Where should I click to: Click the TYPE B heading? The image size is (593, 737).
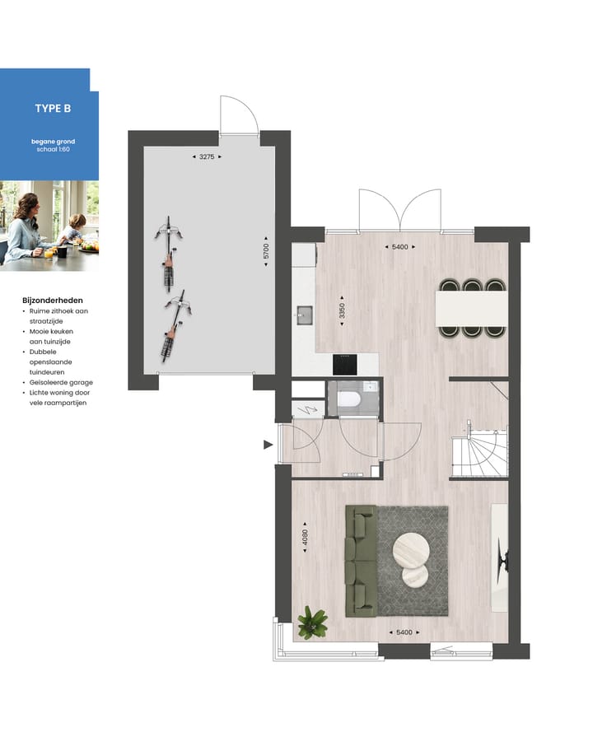(53, 109)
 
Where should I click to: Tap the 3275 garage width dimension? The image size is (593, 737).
(207, 156)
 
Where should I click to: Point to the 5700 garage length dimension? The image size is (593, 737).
(266, 253)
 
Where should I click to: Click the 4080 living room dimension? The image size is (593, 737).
(304, 539)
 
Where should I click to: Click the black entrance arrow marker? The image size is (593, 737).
(267, 445)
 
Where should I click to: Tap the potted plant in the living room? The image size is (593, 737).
(312, 622)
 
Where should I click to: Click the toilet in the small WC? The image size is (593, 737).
(352, 401)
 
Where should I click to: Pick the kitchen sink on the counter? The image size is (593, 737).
(303, 314)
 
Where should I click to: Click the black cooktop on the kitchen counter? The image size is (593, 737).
(344, 364)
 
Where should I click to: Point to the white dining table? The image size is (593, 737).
(473, 309)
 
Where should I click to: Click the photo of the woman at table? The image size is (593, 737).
(49, 224)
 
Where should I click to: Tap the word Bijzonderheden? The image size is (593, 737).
(53, 301)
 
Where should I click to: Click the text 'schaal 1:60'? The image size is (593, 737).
(53, 149)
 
